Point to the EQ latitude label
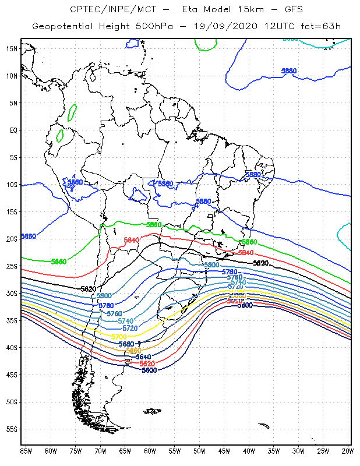13,130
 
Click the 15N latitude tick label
12,48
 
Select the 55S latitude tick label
12,429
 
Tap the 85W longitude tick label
26,450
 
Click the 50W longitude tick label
200,450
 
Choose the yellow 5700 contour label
119,337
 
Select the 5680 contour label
126,344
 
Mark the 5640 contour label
143,357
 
